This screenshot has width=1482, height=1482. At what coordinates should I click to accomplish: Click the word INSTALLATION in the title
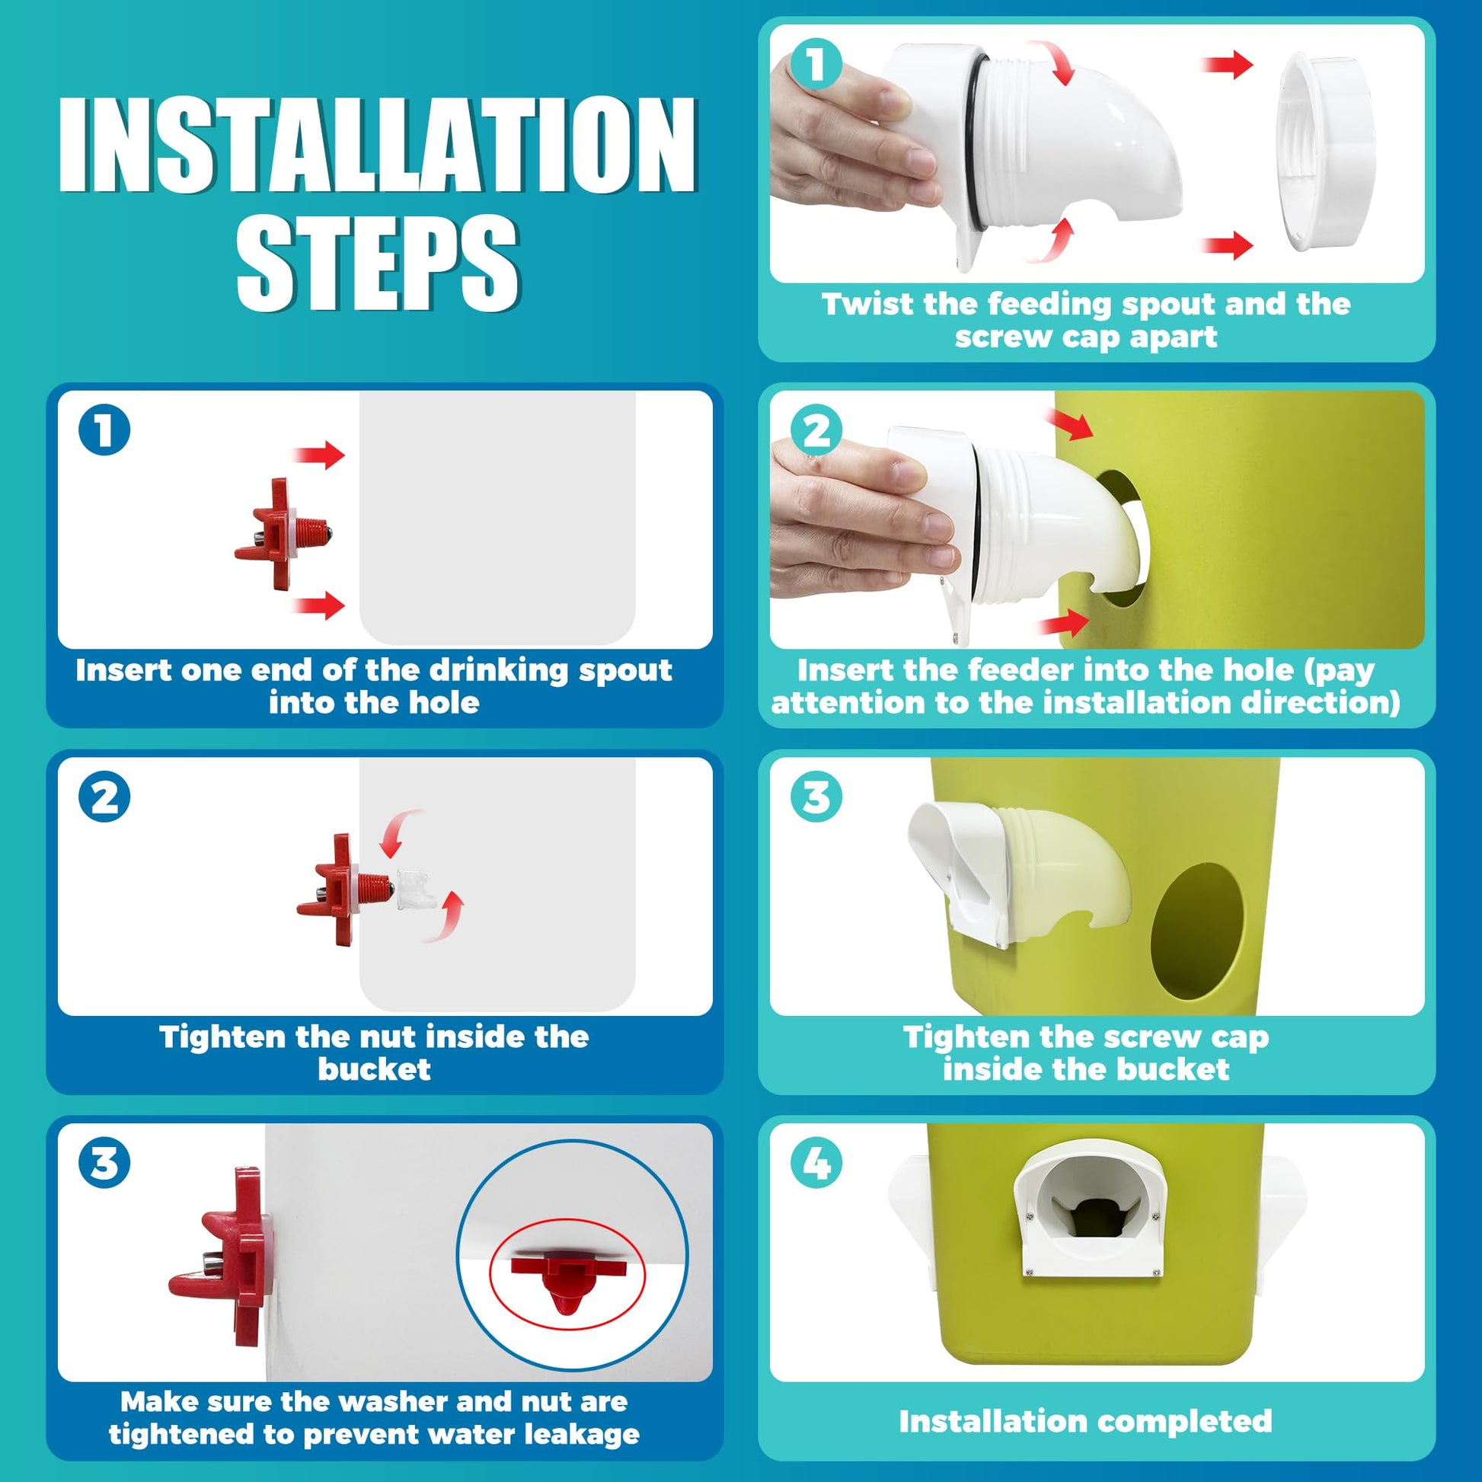click(x=378, y=145)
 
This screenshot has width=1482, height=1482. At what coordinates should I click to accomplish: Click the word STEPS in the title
click(x=378, y=262)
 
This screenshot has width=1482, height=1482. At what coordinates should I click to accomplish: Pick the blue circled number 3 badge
click(x=104, y=1163)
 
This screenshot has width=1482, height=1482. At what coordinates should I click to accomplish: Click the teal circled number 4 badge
click(x=816, y=1163)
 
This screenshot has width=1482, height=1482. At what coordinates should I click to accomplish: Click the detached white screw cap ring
click(x=1325, y=152)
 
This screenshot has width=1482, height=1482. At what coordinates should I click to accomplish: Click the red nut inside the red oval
click(x=567, y=1279)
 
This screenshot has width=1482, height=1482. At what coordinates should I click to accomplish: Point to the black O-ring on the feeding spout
click(x=972, y=145)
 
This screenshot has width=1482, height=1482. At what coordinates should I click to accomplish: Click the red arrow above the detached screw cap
click(x=1228, y=64)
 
